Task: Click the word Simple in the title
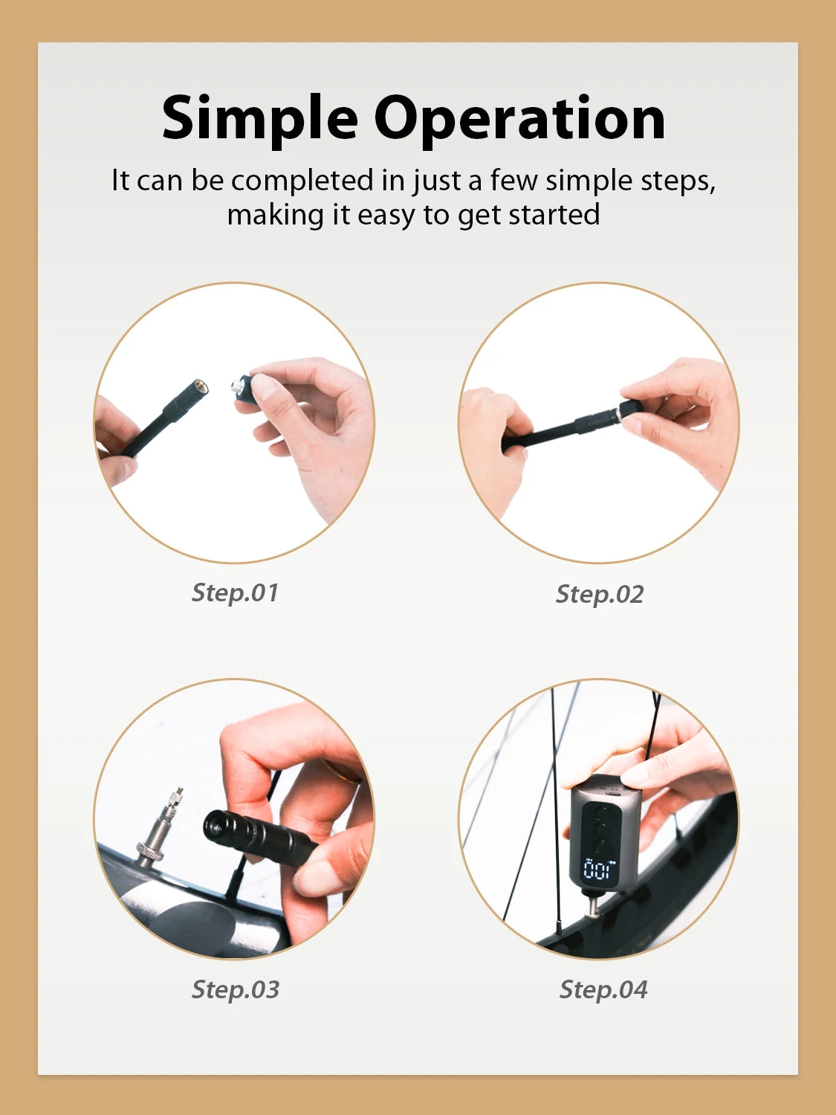(x=259, y=119)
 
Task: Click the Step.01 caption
(x=235, y=592)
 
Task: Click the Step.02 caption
(x=599, y=594)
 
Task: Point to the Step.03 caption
(x=235, y=989)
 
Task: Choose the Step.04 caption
(x=603, y=989)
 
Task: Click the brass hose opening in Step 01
(x=199, y=388)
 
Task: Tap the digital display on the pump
(x=599, y=869)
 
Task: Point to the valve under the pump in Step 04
(x=593, y=906)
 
